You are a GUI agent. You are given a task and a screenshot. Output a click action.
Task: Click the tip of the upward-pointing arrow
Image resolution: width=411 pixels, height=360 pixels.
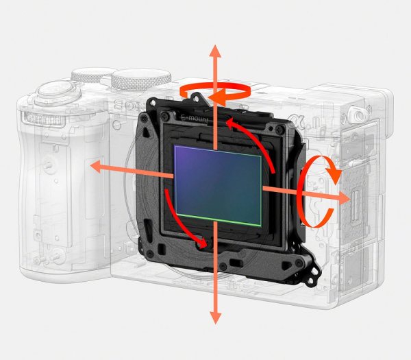(215, 48)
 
